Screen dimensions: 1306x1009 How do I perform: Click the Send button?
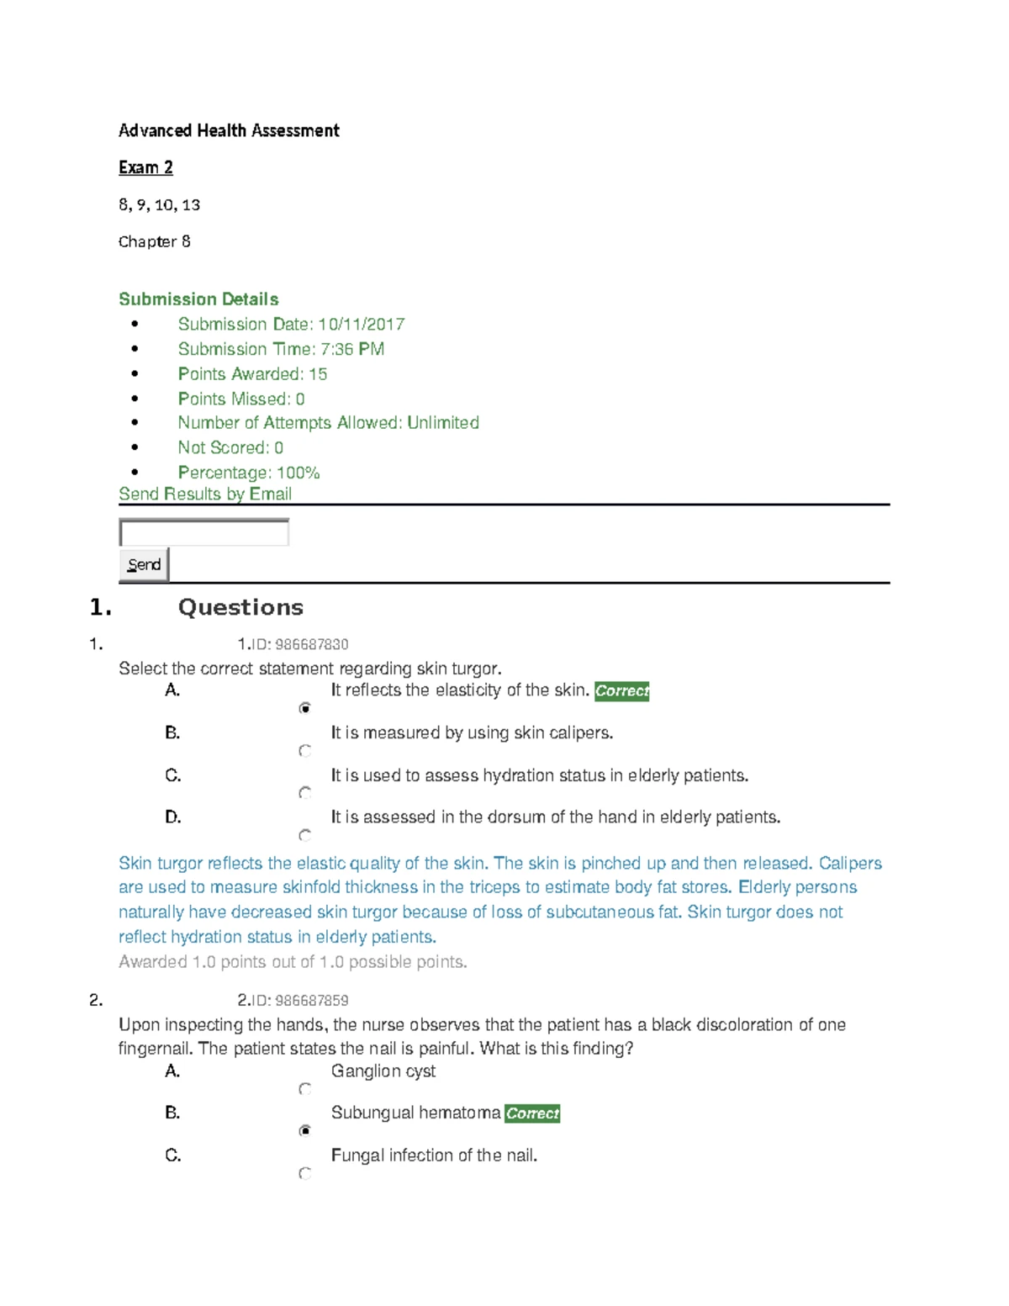pyautogui.click(x=144, y=564)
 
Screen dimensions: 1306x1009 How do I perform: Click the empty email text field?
pyautogui.click(x=203, y=532)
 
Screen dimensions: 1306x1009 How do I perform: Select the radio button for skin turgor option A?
pyautogui.click(x=305, y=708)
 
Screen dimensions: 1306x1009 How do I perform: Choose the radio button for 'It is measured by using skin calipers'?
pyautogui.click(x=305, y=750)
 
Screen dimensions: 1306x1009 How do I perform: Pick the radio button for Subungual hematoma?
pyautogui.click(x=305, y=1130)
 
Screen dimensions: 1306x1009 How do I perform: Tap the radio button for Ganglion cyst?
pyautogui.click(x=305, y=1089)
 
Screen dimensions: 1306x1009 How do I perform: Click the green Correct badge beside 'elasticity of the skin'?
pyautogui.click(x=621, y=691)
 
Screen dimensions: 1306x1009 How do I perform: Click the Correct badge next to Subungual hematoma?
pyautogui.click(x=532, y=1113)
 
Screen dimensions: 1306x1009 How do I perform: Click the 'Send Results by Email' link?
pyautogui.click(x=205, y=494)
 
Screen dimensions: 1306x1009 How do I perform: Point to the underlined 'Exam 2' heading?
pyautogui.click(x=145, y=167)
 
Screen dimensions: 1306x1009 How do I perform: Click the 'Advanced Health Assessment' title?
pyautogui.click(x=229, y=130)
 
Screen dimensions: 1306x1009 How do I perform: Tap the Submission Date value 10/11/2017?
pyautogui.click(x=362, y=325)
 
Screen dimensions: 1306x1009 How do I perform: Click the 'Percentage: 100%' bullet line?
pyautogui.click(x=249, y=473)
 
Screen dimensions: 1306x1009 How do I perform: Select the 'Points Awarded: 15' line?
pyautogui.click(x=252, y=374)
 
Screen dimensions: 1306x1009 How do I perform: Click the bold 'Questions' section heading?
pyautogui.click(x=240, y=607)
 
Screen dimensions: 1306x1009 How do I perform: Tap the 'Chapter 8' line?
pyautogui.click(x=155, y=241)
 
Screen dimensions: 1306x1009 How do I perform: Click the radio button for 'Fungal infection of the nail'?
pyautogui.click(x=305, y=1173)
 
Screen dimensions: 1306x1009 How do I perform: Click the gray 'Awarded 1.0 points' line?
pyautogui.click(x=293, y=962)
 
